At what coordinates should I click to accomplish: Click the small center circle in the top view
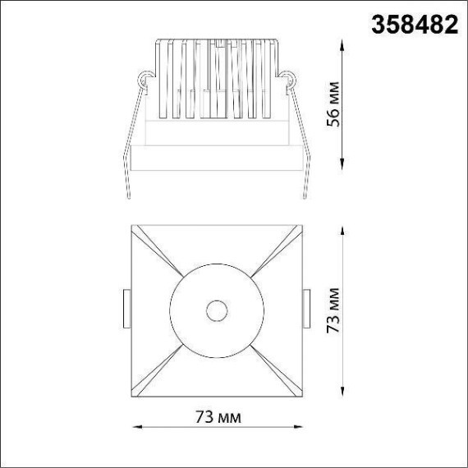218,311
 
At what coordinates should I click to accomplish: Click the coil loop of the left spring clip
145,81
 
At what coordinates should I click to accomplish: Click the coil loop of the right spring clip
289,81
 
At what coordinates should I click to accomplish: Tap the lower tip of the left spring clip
128,195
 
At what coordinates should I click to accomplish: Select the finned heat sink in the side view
217,78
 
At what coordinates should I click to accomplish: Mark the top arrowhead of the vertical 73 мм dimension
343,227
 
